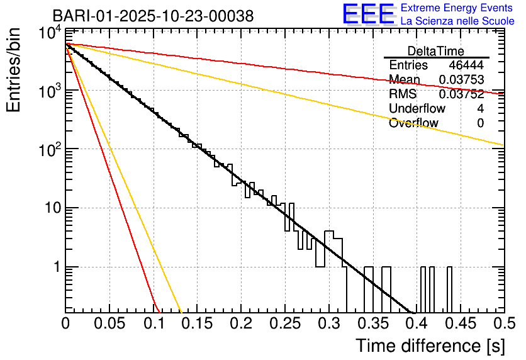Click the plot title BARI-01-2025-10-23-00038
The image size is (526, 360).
tap(153, 16)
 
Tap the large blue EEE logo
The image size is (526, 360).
tap(369, 14)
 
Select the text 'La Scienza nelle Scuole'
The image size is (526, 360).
tap(457, 21)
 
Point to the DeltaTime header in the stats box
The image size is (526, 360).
tap(436, 51)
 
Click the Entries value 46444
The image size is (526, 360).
tap(466, 65)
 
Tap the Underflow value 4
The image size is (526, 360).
tap(480, 109)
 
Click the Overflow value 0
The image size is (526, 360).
tap(480, 123)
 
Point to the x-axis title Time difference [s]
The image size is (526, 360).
tap(430, 346)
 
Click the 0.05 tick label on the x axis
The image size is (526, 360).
tap(109, 324)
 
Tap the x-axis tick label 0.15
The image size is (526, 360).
tap(197, 324)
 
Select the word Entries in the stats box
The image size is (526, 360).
tap(408, 65)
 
